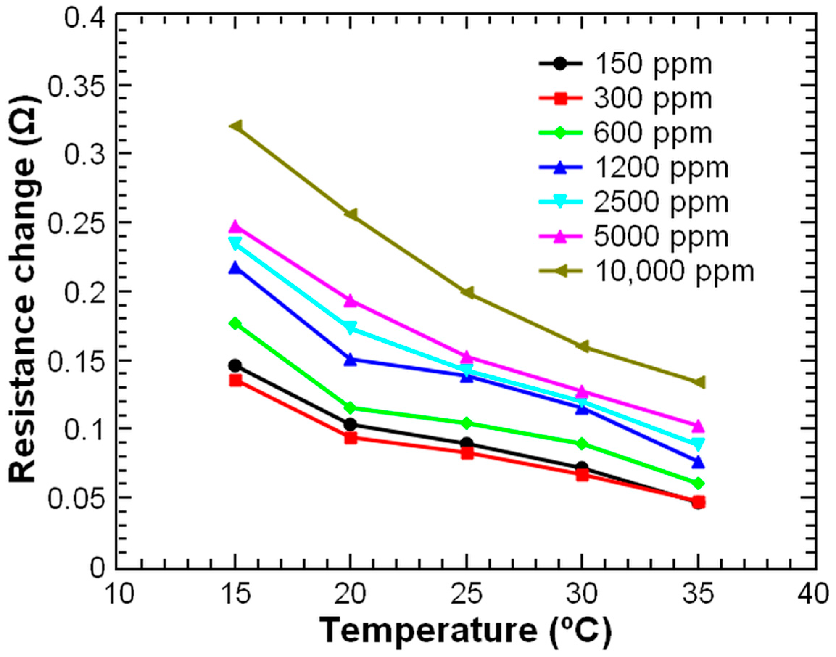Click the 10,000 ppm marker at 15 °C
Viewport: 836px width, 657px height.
pyautogui.click(x=236, y=126)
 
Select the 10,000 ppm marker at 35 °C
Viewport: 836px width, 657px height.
pyautogui.click(x=698, y=382)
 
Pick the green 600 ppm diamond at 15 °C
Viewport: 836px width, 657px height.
pyautogui.click(x=235, y=324)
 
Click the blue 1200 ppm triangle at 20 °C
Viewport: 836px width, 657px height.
pyautogui.click(x=351, y=360)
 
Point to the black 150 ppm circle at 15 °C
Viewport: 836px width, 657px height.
pyautogui.click(x=235, y=365)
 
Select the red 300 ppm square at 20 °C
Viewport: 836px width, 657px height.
pyautogui.click(x=351, y=438)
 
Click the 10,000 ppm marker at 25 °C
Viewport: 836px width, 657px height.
pyautogui.click(x=467, y=292)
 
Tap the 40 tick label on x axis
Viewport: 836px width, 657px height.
pyautogui.click(x=815, y=594)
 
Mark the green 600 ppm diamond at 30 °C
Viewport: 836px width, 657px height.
pyautogui.click(x=582, y=444)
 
